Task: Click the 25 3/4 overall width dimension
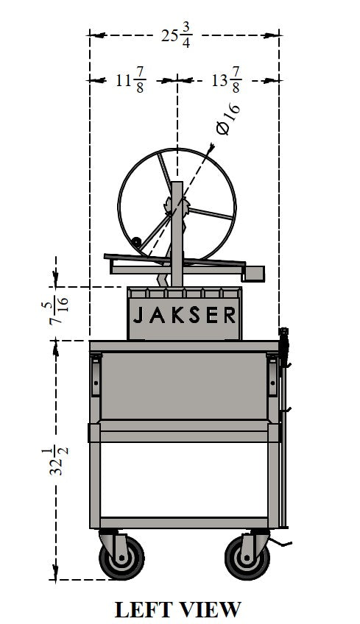click(177, 35)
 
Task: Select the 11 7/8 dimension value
click(130, 80)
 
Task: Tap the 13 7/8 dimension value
click(227, 80)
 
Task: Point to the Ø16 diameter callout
click(228, 118)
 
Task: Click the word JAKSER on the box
click(184, 315)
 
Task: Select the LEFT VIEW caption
click(178, 609)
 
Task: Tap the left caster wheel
click(121, 557)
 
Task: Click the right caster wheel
click(247, 557)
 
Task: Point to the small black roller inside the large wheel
click(136, 241)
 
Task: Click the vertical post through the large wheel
click(177, 234)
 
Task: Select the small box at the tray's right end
click(253, 274)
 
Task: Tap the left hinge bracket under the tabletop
click(96, 375)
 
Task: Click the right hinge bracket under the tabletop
click(272, 375)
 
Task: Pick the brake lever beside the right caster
click(281, 542)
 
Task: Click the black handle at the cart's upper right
click(283, 347)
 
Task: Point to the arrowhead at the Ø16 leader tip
click(211, 148)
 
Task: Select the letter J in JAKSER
click(138, 315)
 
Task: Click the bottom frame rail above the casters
click(184, 523)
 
